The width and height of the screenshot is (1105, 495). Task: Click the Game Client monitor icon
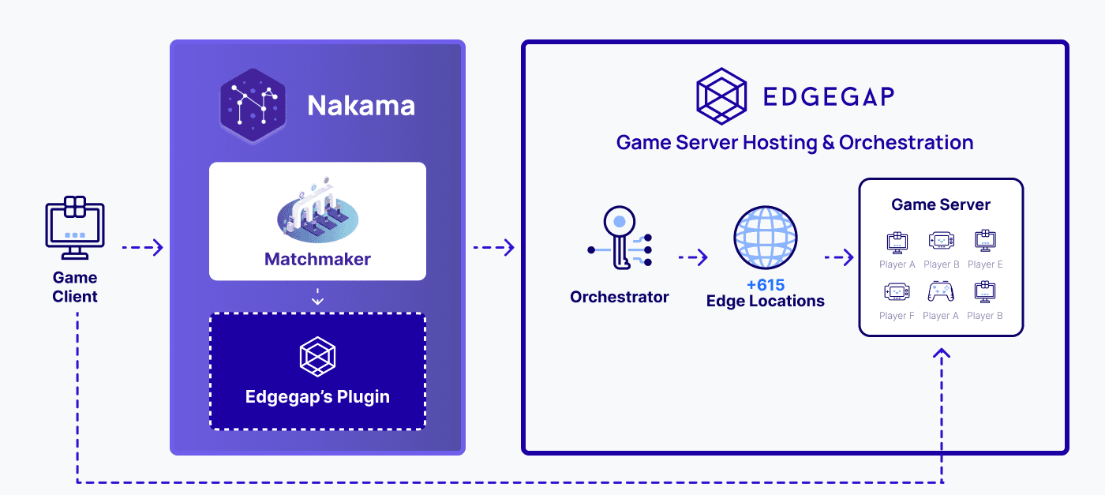click(x=75, y=227)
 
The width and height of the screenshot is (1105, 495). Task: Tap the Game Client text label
click(x=75, y=287)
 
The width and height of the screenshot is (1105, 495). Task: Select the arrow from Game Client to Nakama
click(x=143, y=247)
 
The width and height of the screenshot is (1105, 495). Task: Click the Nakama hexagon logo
click(x=253, y=106)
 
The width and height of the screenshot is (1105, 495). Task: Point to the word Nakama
click(x=361, y=105)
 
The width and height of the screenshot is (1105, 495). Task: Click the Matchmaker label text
click(x=317, y=259)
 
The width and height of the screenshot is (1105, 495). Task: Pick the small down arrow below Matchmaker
click(x=317, y=297)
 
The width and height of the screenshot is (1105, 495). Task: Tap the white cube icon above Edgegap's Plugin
click(x=317, y=356)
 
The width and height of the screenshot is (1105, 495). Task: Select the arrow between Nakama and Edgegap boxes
click(x=494, y=247)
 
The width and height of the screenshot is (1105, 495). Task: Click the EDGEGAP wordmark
click(x=829, y=96)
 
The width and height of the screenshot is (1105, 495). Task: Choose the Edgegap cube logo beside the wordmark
click(x=721, y=96)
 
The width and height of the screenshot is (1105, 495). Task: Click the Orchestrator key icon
click(x=620, y=238)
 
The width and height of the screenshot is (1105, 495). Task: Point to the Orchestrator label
click(x=619, y=297)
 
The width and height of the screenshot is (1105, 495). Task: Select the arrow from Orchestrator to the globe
click(x=693, y=257)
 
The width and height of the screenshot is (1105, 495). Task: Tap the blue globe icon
click(x=765, y=237)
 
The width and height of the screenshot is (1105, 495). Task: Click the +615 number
click(x=765, y=285)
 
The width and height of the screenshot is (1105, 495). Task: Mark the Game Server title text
click(x=941, y=204)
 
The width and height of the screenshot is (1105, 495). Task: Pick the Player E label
click(x=985, y=264)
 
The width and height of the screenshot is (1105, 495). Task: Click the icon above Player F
click(x=897, y=292)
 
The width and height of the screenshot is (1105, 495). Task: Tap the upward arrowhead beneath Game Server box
click(x=941, y=352)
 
